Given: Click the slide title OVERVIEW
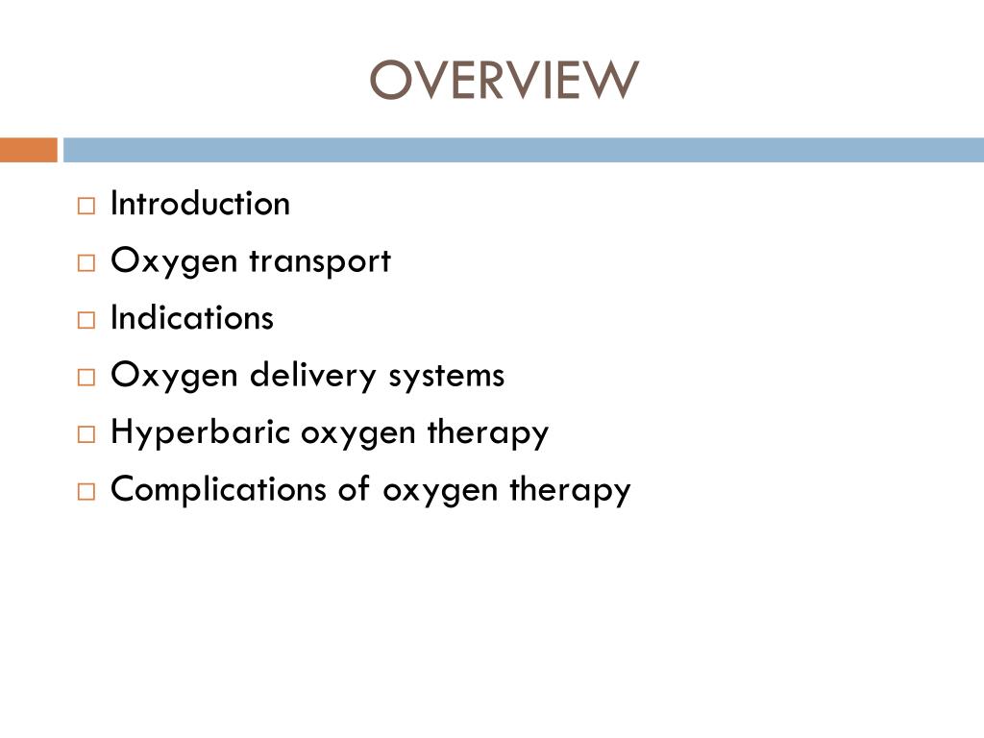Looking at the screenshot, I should click(x=504, y=81).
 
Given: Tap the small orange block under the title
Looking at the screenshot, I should click(x=28, y=150).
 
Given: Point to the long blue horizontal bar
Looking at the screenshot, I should click(x=524, y=150).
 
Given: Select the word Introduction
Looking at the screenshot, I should click(x=200, y=204).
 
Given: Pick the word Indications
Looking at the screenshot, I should click(x=192, y=318).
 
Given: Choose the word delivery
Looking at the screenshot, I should click(x=313, y=375).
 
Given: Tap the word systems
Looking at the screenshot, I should click(x=446, y=375).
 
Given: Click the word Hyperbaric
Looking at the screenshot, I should click(x=201, y=432).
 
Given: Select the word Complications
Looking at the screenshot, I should click(x=219, y=489).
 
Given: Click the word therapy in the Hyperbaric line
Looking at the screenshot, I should click(x=488, y=432).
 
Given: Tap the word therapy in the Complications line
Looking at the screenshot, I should click(x=570, y=489).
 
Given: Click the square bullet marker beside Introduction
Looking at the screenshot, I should click(x=86, y=206).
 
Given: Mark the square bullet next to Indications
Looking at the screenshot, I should click(x=86, y=320).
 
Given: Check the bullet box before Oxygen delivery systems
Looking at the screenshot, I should click(x=86, y=377).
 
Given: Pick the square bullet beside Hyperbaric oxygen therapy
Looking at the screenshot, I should click(x=86, y=434).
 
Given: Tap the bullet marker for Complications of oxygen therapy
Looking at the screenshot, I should click(x=86, y=491).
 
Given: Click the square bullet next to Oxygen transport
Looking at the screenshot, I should click(x=86, y=263).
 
